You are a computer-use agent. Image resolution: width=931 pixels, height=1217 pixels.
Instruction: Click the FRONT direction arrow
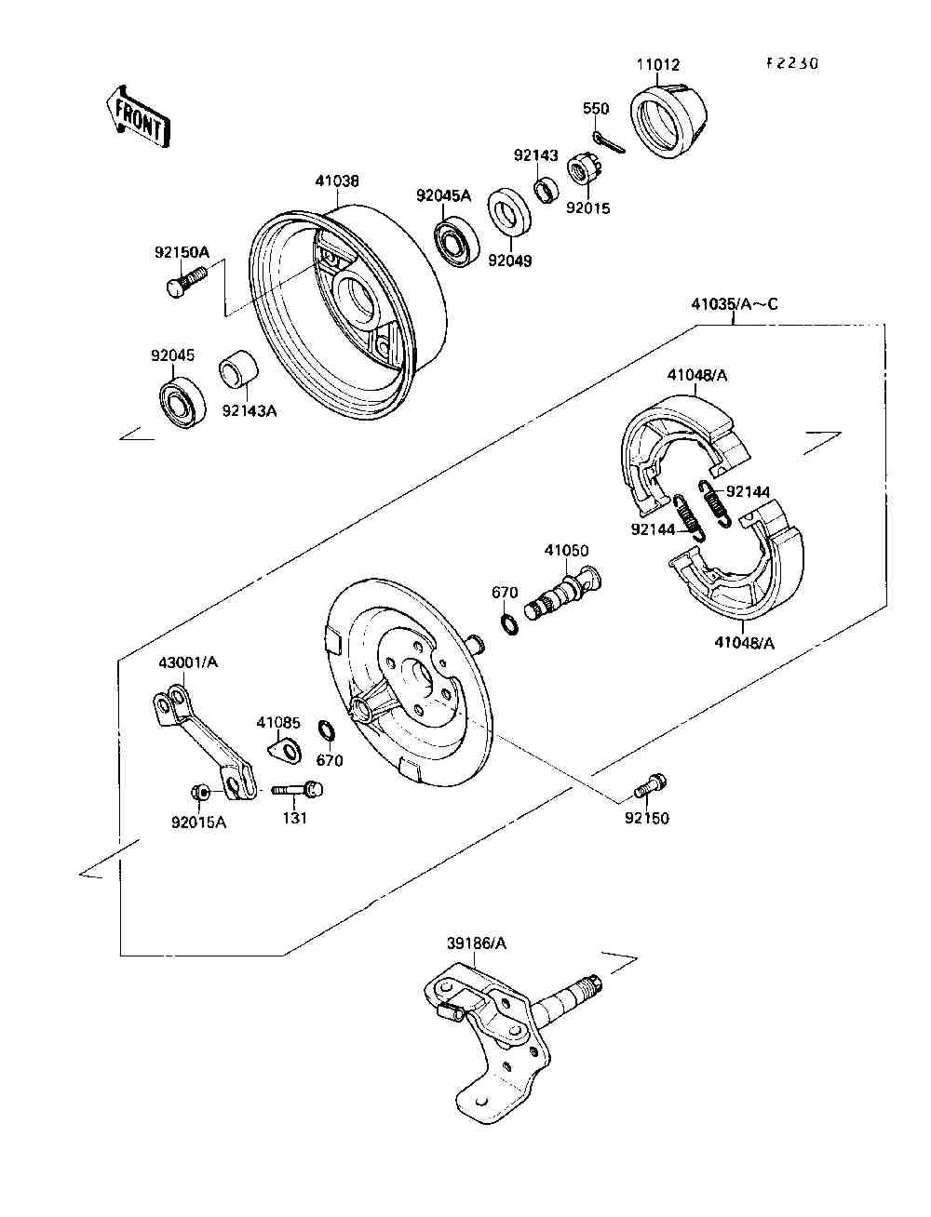(x=138, y=117)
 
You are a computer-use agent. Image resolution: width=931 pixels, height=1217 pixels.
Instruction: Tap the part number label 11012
(x=657, y=64)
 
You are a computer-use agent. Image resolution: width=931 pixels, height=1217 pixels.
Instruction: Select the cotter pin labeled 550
(x=608, y=142)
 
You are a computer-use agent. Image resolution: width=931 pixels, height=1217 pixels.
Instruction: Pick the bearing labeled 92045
(x=182, y=404)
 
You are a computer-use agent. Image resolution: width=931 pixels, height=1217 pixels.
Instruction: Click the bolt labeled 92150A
(x=186, y=281)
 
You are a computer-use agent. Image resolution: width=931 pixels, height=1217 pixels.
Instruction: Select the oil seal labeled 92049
(x=508, y=211)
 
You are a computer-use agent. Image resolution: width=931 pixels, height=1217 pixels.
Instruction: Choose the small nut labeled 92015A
(x=200, y=794)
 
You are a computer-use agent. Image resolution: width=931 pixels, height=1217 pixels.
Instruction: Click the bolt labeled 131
(x=297, y=789)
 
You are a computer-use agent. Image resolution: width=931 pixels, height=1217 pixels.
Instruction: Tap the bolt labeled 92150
(x=650, y=785)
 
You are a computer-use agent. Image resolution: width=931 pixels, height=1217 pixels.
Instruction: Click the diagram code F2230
(x=792, y=63)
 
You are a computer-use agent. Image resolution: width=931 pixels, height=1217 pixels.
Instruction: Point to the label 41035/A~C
(x=734, y=304)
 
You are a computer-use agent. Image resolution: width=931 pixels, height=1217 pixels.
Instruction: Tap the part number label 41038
(x=337, y=181)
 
